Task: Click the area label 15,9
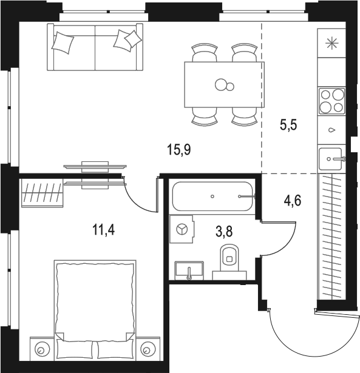179,149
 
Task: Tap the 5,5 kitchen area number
288,127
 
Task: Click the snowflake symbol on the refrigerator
331,43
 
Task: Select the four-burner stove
331,101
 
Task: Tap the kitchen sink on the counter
331,160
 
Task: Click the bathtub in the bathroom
212,197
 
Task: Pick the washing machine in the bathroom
182,229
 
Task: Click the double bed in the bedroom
94,303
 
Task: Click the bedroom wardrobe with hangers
42,193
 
